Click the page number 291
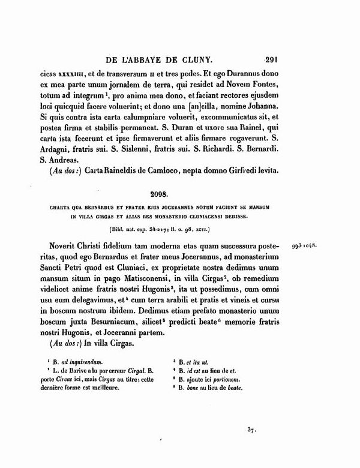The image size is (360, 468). coord(273,60)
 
